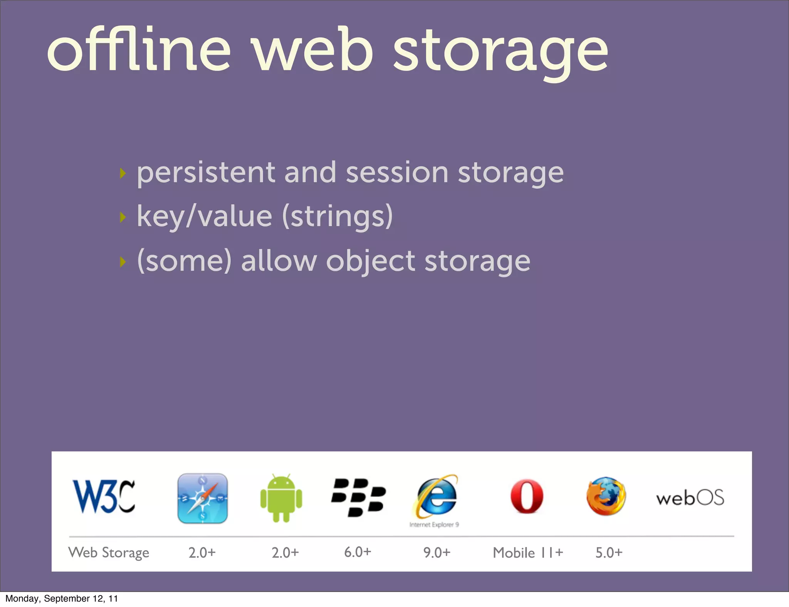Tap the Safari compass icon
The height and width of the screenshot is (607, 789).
[202, 498]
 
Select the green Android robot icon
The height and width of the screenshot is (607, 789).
[281, 498]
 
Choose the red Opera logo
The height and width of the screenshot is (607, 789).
[527, 497]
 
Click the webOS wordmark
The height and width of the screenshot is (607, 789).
[690, 498]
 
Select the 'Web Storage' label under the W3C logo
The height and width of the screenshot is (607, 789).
[109, 553]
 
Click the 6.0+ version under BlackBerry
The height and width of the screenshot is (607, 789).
[358, 552]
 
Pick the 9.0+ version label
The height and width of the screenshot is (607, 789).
[437, 553]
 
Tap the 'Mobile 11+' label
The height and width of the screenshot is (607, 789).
[528, 553]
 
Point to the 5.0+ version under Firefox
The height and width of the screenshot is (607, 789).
[609, 553]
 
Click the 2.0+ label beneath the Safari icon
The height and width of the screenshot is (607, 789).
[202, 553]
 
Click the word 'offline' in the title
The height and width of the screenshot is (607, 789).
[139, 50]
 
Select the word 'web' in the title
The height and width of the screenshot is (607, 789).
[312, 50]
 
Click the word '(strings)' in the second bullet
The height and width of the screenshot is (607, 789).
[337, 216]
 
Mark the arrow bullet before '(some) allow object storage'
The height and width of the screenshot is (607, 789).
[123, 262]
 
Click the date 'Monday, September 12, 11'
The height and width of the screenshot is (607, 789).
[62, 599]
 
